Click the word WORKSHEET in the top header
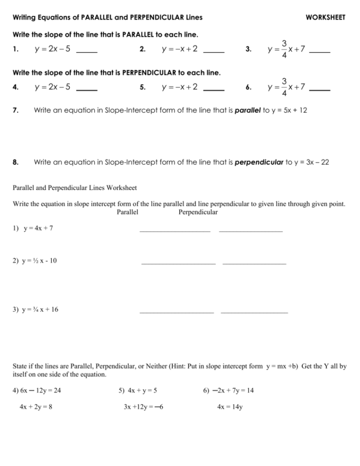(x=325, y=18)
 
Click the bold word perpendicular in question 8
(x=257, y=162)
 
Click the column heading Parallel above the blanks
(x=127, y=212)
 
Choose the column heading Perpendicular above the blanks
(x=198, y=212)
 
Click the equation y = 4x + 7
(x=38, y=228)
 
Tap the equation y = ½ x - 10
(x=39, y=261)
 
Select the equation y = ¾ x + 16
(x=40, y=309)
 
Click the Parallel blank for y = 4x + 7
(x=174, y=231)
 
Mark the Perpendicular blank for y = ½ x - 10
(x=254, y=263)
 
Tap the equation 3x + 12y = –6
(x=143, y=407)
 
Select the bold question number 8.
(x=15, y=162)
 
